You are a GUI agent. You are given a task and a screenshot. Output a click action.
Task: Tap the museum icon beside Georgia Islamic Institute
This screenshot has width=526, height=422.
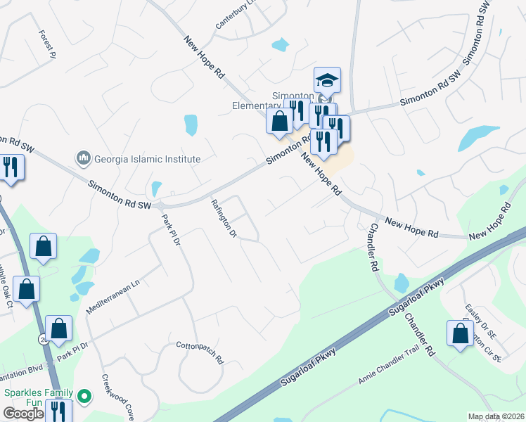pos(83,158)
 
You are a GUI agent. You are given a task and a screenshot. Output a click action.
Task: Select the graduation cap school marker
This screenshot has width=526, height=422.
pos(327,80)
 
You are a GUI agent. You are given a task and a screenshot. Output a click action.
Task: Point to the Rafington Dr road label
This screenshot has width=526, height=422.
pos(222,218)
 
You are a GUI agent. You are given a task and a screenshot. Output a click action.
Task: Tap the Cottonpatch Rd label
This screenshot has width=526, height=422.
pos(199,352)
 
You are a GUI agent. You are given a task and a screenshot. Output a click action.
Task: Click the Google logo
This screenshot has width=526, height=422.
pos(23,414)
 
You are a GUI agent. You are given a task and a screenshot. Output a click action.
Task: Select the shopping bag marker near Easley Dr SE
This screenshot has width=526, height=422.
pos(460,334)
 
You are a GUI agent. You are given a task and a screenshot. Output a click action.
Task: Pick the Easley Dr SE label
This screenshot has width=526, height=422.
pos(480,319)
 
